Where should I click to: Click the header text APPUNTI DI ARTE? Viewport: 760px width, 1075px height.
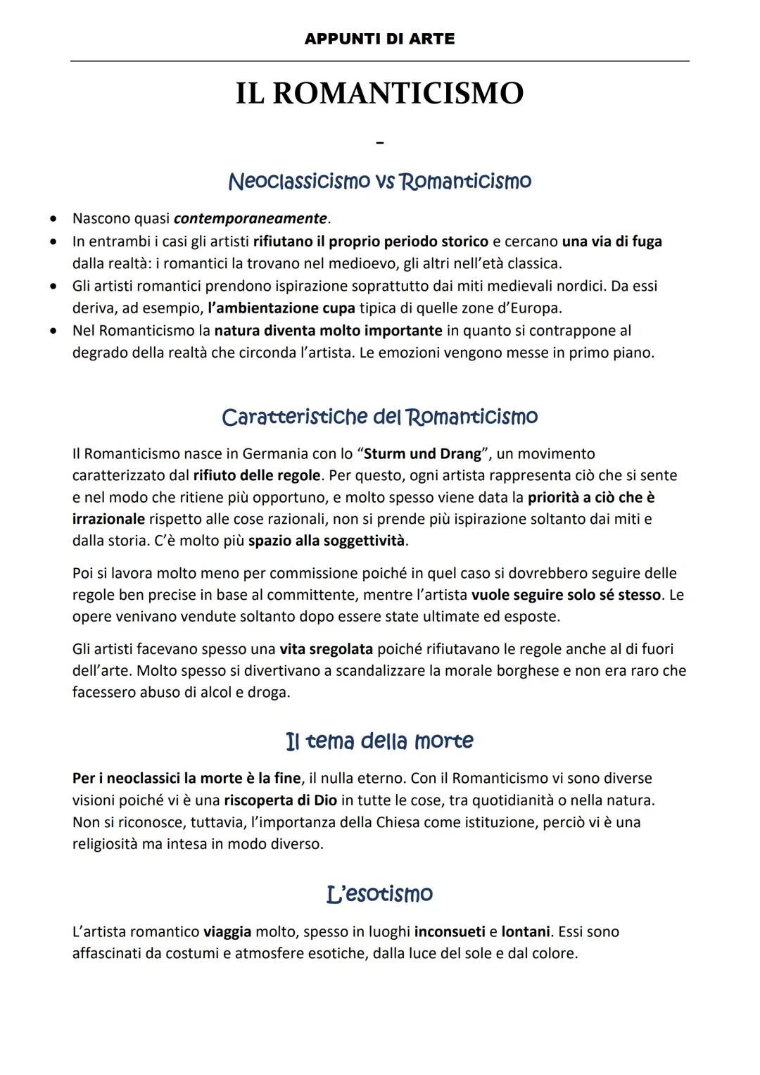point(379,39)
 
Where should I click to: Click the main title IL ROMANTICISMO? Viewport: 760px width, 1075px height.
point(379,94)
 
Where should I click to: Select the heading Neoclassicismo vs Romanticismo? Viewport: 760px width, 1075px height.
point(379,182)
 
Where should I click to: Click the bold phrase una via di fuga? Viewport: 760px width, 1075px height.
point(612,241)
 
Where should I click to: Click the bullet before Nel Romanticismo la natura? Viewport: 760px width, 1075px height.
point(53,330)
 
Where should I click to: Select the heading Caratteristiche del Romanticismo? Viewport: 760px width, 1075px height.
point(379,417)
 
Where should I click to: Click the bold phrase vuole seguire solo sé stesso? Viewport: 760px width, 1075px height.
point(566,596)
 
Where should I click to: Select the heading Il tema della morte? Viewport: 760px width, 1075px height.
point(379,741)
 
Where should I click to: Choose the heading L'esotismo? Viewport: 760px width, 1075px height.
point(379,894)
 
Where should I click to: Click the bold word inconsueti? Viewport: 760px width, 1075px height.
point(450,933)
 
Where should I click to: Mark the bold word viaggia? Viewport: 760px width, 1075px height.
point(227,933)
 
